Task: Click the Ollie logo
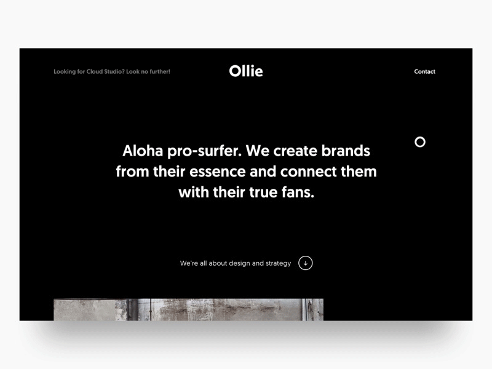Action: point(246,71)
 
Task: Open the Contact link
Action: point(424,72)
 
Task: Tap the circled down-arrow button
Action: point(306,263)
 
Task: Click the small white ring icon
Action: point(420,142)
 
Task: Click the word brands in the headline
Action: point(346,151)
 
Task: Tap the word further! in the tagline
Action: point(158,72)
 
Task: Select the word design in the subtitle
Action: point(239,263)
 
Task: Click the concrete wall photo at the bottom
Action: point(188,309)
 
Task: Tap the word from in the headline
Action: point(133,171)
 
